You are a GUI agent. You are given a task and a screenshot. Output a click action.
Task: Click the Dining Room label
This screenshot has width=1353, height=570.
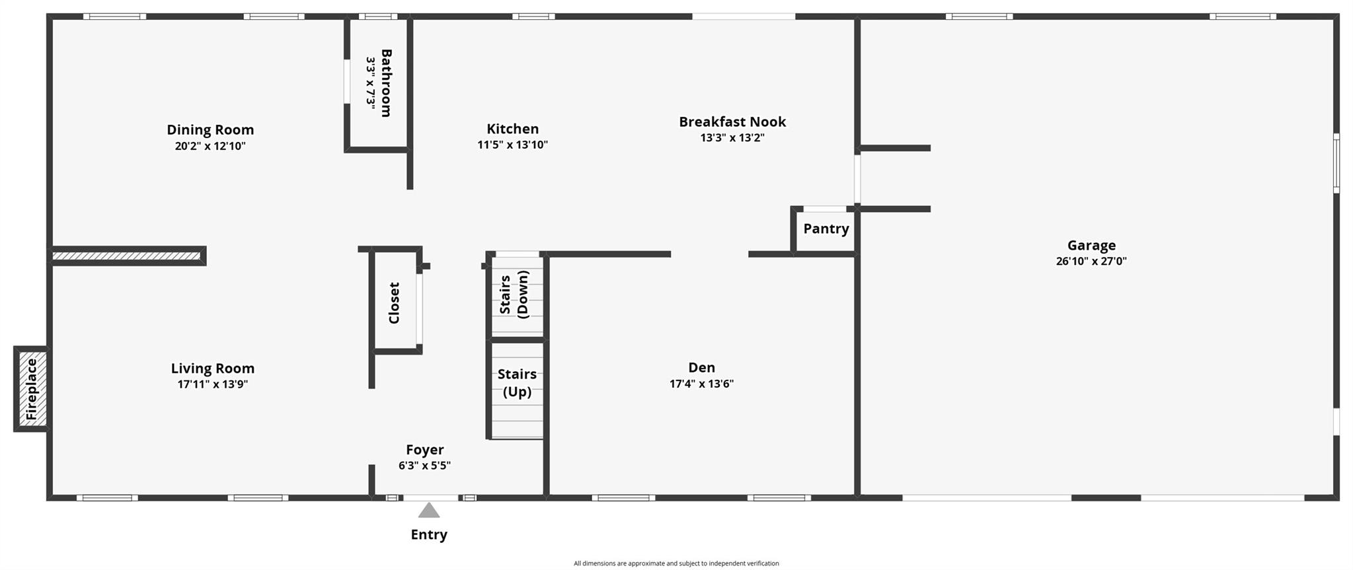(x=210, y=129)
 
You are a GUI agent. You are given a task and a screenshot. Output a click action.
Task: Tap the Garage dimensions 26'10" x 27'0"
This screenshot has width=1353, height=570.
(x=1091, y=261)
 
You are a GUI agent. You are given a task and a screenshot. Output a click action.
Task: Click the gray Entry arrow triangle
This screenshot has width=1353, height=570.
(x=429, y=510)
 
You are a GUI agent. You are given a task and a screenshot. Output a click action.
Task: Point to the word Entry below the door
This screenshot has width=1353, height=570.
(x=429, y=534)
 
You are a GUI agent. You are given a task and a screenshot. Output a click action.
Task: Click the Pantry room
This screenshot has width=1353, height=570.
(x=826, y=229)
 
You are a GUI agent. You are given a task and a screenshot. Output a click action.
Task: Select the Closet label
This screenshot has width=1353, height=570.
(x=394, y=303)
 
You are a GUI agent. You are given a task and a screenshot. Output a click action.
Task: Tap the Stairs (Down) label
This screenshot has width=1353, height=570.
(x=514, y=295)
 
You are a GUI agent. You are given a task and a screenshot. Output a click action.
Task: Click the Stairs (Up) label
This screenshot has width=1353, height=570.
(x=517, y=383)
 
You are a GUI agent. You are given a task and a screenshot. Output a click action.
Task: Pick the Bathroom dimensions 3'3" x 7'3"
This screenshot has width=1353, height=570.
(x=371, y=83)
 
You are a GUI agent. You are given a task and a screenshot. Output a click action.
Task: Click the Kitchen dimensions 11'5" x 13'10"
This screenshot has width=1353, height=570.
(x=512, y=145)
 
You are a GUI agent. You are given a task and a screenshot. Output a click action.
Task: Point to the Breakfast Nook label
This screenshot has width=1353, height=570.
(x=732, y=122)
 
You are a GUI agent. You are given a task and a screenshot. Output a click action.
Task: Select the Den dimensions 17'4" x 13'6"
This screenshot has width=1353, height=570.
(x=701, y=384)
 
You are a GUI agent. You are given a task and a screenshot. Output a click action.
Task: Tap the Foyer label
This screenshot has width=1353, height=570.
(x=424, y=450)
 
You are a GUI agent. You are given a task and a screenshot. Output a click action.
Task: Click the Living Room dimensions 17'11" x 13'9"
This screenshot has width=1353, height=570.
(x=212, y=384)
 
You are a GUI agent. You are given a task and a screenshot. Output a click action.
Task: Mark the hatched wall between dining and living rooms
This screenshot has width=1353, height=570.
(x=127, y=256)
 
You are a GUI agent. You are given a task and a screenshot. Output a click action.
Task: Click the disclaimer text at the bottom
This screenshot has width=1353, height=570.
(x=676, y=563)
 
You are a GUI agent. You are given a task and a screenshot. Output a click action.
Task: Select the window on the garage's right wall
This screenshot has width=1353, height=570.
(x=1335, y=163)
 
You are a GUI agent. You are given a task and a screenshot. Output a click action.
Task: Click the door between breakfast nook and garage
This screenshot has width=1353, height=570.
(x=857, y=178)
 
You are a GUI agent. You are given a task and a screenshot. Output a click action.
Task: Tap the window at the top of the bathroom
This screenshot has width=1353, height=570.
(x=378, y=17)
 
